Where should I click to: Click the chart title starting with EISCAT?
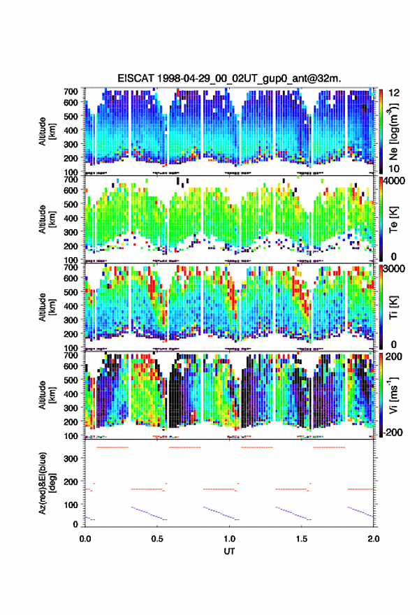point(229,78)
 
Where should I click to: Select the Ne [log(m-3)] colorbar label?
point(393,131)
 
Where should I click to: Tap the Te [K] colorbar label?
point(393,220)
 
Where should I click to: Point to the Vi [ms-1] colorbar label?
point(393,395)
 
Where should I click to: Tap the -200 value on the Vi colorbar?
point(392,432)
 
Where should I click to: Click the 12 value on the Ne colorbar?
point(395,93)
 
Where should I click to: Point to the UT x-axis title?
point(229,551)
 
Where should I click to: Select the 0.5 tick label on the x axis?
point(157,539)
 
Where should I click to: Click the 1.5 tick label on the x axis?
point(302,539)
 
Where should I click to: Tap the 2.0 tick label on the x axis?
point(374,539)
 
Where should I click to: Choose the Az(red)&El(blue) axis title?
point(47,484)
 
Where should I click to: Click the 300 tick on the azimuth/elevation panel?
point(71,458)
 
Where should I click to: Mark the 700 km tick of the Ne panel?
point(71,92)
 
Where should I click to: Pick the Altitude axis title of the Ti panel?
point(47,307)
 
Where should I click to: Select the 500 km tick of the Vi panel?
point(71,379)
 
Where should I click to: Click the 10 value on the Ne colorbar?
point(395,168)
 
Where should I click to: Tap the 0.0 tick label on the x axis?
point(85,539)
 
